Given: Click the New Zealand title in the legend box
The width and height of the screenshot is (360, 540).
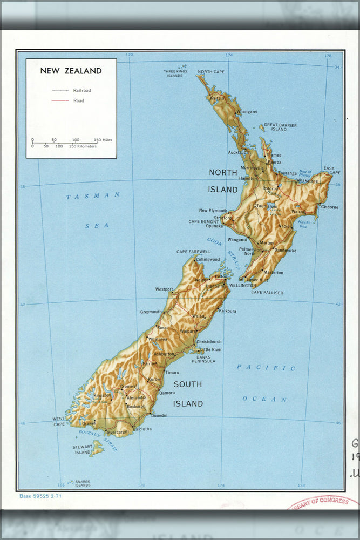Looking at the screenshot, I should coord(71,71).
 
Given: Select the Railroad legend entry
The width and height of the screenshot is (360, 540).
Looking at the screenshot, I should coord(82,91).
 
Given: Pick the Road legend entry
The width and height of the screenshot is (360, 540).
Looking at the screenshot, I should coord(79,100).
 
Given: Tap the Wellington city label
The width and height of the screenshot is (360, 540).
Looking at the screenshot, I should coord(242,285).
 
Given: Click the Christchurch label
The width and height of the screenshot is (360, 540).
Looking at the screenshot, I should coord(209,342).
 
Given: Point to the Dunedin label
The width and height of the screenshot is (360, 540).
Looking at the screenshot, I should coord(159,415).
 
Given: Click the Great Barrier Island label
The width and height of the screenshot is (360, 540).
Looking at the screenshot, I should coord(280,127).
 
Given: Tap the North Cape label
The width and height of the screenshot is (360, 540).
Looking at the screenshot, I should coord(211,72).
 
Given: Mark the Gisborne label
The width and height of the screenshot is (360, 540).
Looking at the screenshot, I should coord(329,207).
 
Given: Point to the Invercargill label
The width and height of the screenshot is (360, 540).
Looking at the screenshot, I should coord(118,433).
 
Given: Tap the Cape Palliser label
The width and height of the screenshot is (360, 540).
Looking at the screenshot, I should coord(267,293).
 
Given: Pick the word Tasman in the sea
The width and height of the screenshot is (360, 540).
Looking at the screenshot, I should coord(93,196).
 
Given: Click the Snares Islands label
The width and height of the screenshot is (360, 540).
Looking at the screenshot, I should coord(83,483).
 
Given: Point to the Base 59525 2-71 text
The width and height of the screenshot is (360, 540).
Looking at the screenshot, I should coord(40,496).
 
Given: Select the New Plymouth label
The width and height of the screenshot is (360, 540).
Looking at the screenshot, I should coord(213,211).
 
